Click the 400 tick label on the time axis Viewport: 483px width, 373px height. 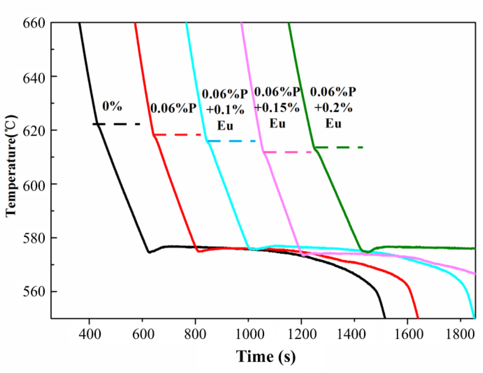pyautogui.click(x=89, y=334)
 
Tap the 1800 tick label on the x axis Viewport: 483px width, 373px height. pyautogui.click(x=460, y=334)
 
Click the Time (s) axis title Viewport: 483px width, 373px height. pyautogui.click(x=266, y=356)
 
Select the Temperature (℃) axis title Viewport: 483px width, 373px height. pyautogui.click(x=11, y=166)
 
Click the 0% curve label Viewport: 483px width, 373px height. pyautogui.click(x=112, y=106)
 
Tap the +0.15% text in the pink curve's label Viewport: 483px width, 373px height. pyautogui.click(x=277, y=107)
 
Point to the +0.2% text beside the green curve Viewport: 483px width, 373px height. pyautogui.click(x=333, y=107)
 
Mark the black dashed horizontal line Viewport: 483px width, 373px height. pyautogui.click(x=117, y=124)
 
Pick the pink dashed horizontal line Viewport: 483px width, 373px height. pyautogui.click(x=287, y=152)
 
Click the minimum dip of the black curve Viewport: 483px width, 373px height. pyautogui.click(x=149, y=252)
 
